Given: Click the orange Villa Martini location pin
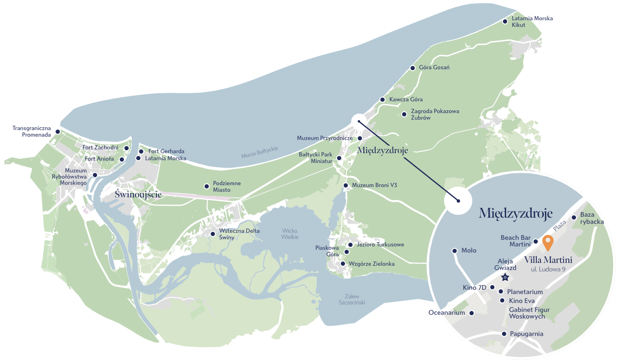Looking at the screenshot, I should tap(547, 242).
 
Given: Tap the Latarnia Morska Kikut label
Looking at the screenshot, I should tap(532, 22).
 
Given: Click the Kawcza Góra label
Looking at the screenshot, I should tap(406, 100).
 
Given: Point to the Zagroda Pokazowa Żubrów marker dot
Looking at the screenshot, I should tap(404, 114).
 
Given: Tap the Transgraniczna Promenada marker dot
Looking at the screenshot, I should tap(58, 131).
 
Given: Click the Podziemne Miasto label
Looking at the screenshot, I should tap(227, 187).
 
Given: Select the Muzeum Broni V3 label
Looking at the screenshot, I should tap(374, 186).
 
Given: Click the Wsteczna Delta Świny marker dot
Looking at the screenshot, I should tap(213, 234).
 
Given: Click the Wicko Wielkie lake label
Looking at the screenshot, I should tap(290, 234).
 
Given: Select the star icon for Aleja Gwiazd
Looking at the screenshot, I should tap(505, 277).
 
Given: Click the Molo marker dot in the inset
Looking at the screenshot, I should tap(454, 251).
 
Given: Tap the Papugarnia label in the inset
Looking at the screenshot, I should tap(527, 334).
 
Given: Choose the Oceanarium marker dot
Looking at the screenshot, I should tap(471, 313).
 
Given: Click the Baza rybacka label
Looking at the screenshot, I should tap(592, 218).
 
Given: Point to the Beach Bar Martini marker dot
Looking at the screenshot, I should tap(535, 242).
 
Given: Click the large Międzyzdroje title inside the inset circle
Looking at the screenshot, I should tap(515, 213).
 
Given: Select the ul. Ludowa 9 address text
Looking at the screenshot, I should tap(548, 270).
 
